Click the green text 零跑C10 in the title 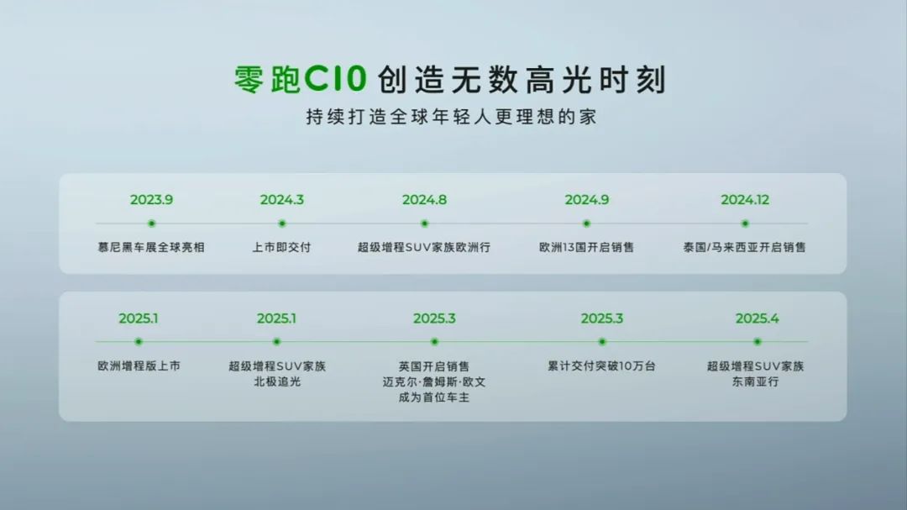coord(300,79)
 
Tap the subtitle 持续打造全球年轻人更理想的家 coord(451,117)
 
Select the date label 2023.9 coord(151,200)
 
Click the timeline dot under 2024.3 coord(281,223)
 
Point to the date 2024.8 coord(425,200)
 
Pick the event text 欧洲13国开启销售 coord(586,247)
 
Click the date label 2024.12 coord(745,200)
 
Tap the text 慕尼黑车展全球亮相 coord(151,247)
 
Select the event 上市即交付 coord(281,247)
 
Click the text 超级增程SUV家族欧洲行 coord(424,247)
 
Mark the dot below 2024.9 coord(586,223)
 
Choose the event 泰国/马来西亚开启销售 coord(744,247)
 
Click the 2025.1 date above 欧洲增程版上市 coord(139,318)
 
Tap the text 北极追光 coord(277,381)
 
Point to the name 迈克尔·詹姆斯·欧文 coord(434,382)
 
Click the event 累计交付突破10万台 coord(601,365)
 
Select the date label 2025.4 coord(758,318)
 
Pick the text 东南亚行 coord(756,381)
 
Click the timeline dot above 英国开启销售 coord(434,342)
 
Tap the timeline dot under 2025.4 coord(758,342)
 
